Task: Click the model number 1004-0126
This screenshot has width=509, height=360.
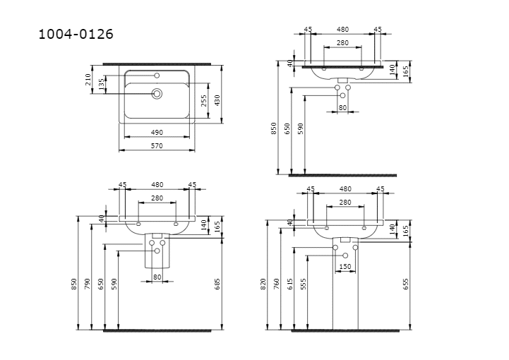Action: coord(76,34)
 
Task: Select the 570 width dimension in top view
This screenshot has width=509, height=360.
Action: coord(157,146)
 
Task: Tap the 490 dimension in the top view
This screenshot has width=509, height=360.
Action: coord(157,133)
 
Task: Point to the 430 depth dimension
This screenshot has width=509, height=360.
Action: coord(217,100)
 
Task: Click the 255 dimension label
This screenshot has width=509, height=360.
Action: coord(204,100)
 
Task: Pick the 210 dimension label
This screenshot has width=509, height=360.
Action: coord(88,80)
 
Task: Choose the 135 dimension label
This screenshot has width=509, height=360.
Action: coord(102,84)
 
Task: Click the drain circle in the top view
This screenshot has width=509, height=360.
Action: coord(157,94)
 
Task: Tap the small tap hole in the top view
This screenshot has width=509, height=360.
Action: coord(157,76)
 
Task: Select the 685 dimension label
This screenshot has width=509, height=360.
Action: coord(217,284)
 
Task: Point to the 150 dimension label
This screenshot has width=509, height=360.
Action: coord(345,267)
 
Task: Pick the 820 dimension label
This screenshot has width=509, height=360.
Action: coord(263,284)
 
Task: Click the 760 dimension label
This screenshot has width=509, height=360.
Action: coord(277,284)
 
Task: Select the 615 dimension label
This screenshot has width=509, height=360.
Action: coord(290,284)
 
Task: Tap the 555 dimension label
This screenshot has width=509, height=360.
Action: coord(304,284)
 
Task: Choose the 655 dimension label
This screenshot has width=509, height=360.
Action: coord(405,284)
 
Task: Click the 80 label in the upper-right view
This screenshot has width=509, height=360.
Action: coord(343,107)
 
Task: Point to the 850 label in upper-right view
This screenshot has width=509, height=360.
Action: coord(274,128)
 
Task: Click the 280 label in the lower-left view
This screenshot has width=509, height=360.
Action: coord(157,198)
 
